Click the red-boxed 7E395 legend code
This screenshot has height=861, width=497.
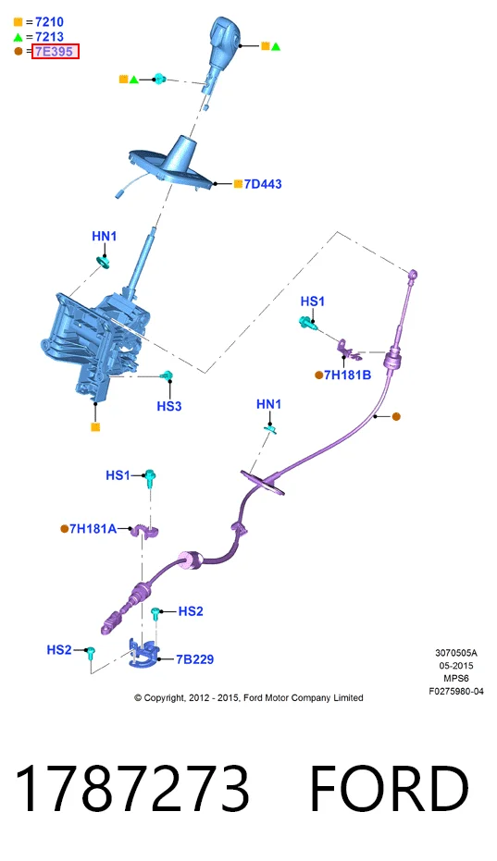coord(55,52)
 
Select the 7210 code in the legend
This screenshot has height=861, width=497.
coord(49,22)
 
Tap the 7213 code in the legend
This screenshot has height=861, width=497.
coord(49,37)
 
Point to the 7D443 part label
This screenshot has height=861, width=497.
coord(263,184)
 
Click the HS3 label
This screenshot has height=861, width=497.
coord(168,406)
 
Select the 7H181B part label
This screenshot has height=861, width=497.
coord(347,375)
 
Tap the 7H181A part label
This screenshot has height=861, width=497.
coord(93,529)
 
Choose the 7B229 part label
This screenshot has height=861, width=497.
coord(195,658)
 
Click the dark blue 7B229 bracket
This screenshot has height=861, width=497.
coord(143,654)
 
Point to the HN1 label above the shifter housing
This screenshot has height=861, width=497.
coord(104,236)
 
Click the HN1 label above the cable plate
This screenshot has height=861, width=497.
coord(268,404)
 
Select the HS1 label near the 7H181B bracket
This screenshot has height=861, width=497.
coord(312,301)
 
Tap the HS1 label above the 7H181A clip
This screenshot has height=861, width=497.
coord(118,475)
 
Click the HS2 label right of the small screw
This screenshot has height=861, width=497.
coord(191,611)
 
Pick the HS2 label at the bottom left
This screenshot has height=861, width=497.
coord(59,650)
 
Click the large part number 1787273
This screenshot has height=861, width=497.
coord(132,788)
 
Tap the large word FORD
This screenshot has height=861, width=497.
coord(390,788)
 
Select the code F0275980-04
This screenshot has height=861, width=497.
coord(456,692)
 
